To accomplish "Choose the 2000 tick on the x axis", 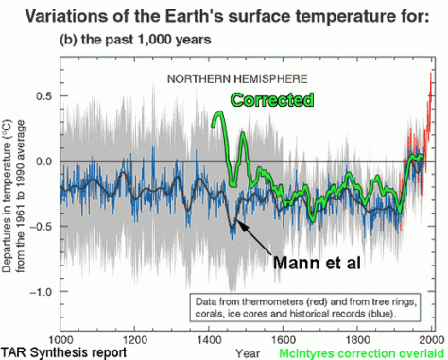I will [x=431, y=337].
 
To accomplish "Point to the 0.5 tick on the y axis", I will [x=42, y=95].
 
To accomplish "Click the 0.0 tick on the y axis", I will [x=42, y=161].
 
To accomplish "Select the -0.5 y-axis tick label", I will [x=39, y=226].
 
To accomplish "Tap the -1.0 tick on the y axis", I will [x=39, y=291].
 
